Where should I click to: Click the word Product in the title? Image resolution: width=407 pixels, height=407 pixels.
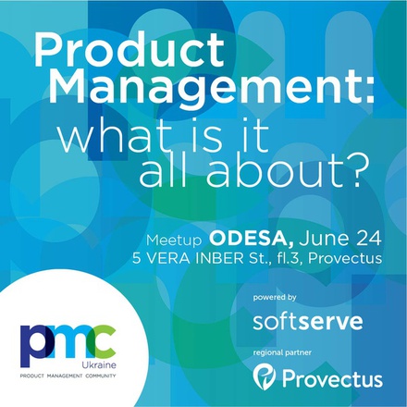[x=129, y=49]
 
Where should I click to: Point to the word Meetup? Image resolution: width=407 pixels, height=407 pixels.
[x=174, y=240]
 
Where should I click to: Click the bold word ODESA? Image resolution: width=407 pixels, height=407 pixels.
[x=252, y=240]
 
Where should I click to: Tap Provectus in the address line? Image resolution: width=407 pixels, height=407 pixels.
[x=345, y=258]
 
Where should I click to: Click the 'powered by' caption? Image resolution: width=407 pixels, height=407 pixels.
[x=275, y=298]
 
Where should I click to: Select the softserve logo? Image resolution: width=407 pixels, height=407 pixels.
[x=308, y=321]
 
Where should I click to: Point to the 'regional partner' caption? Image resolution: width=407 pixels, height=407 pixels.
[x=282, y=352]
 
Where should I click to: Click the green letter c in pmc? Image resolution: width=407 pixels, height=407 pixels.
[x=105, y=342]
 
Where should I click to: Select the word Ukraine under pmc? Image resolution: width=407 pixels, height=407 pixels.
[x=99, y=365]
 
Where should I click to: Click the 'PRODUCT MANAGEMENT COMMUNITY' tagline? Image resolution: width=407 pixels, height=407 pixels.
[x=68, y=376]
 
